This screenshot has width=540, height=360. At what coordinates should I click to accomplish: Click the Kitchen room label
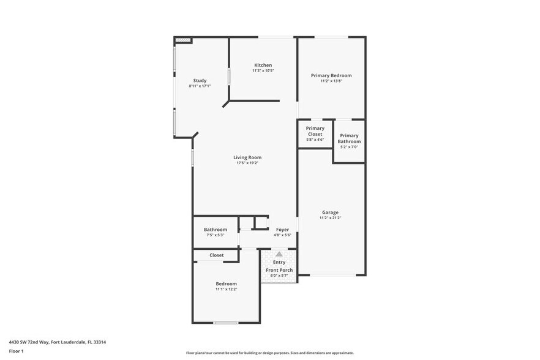(x=263, y=65)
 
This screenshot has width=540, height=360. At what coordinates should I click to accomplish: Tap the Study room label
(x=200, y=80)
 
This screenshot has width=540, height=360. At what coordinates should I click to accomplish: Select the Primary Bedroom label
(x=331, y=75)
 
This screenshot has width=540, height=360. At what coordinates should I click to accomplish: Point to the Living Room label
(x=247, y=157)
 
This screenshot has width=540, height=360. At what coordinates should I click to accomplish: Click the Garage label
(x=330, y=212)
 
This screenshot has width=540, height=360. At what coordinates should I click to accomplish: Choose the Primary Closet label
(x=315, y=131)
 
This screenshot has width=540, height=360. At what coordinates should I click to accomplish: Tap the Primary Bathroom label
(x=349, y=138)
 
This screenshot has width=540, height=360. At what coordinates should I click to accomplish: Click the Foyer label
(x=282, y=230)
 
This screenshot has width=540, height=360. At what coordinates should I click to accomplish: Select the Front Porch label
(x=279, y=270)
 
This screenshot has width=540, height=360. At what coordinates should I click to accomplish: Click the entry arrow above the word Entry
(x=279, y=254)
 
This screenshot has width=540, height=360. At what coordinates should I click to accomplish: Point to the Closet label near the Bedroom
(x=216, y=255)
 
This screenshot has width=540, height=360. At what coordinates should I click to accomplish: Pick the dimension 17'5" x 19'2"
(x=247, y=163)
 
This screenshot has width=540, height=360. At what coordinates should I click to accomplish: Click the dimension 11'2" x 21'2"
(x=330, y=218)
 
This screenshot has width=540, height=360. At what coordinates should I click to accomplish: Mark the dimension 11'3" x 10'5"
(x=263, y=70)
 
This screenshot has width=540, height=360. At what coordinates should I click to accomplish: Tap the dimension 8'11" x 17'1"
(x=200, y=86)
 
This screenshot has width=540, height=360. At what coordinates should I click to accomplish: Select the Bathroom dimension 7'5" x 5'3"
(x=215, y=235)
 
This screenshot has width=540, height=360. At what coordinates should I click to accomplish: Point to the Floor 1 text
(x=17, y=351)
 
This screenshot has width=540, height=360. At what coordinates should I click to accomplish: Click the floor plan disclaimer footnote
(x=269, y=353)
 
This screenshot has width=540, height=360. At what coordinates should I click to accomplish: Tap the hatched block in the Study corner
(x=183, y=40)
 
